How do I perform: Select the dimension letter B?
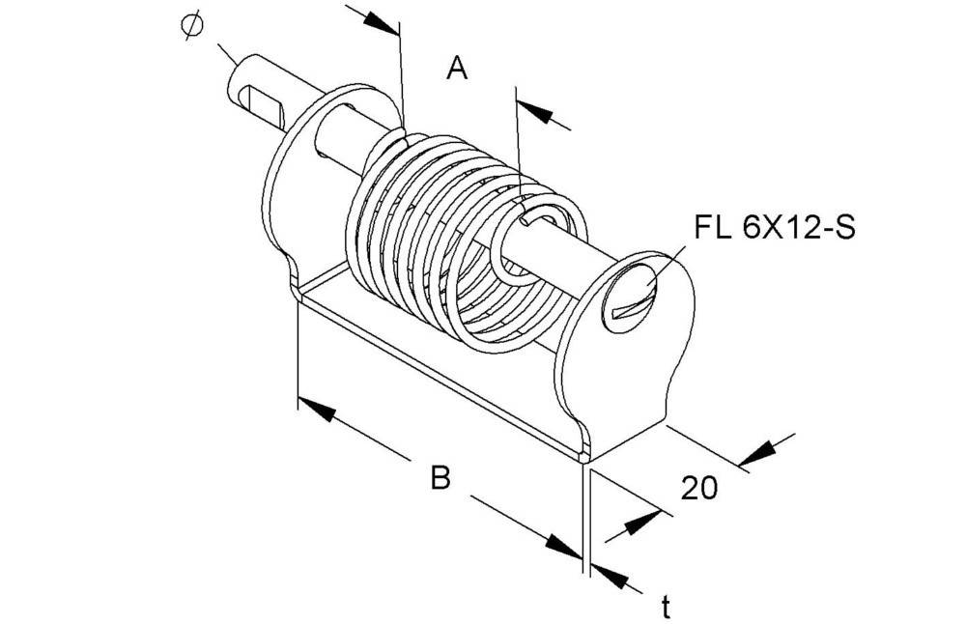click(x=440, y=477)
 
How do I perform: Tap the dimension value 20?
click(x=699, y=488)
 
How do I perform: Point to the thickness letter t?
click(x=666, y=607)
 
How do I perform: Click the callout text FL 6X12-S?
click(x=775, y=229)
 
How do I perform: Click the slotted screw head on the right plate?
click(x=632, y=296)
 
